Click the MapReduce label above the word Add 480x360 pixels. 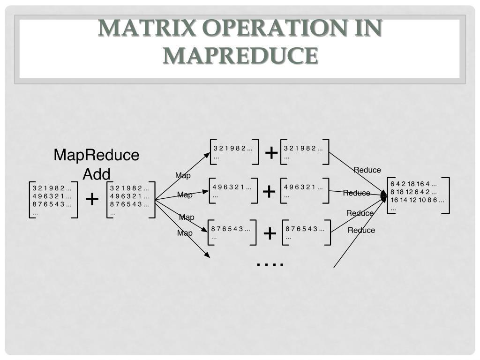point(97,155)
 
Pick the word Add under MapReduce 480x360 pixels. point(97,174)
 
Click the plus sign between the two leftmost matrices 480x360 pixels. point(92,200)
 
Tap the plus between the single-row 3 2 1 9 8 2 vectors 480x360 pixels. point(271,152)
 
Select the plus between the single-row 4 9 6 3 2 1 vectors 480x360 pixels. point(269,191)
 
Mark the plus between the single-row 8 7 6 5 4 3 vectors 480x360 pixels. point(270,233)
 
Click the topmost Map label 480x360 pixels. point(183,176)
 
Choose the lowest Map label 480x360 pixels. point(185,233)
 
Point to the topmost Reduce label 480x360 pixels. point(367,170)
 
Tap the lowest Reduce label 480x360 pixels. point(361,230)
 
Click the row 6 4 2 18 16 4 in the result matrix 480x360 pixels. point(413,184)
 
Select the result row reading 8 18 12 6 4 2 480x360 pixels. point(413,192)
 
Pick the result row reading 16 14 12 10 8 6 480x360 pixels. point(417,200)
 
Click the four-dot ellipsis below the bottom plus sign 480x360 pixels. point(270,264)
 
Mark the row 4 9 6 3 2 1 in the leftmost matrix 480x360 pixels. point(52,196)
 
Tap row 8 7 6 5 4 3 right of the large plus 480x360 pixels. point(130,204)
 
